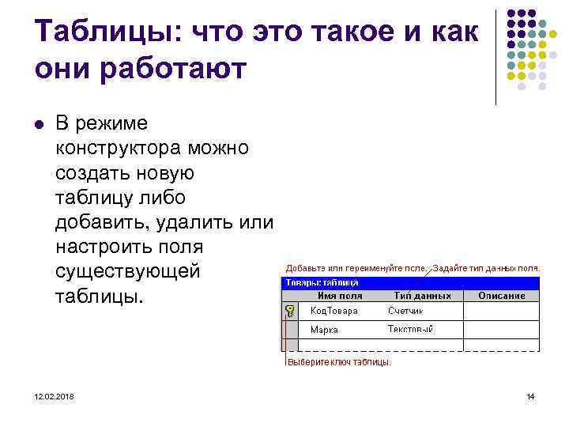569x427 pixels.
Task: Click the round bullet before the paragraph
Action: coord(38,124)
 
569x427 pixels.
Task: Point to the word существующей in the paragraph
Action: coord(129,271)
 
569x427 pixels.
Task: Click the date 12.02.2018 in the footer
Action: coord(55,396)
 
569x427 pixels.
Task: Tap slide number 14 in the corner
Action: coord(530,396)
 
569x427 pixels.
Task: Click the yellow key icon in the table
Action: coord(291,311)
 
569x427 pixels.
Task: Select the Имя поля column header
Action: coord(339,296)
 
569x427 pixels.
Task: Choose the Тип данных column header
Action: coord(422,296)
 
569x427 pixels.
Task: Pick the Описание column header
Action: coord(501,296)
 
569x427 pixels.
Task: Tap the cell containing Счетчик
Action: coord(405,311)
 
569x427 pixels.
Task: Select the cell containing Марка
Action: coord(324,330)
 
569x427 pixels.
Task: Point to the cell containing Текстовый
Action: coord(410,330)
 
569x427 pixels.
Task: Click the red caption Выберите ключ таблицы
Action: coord(338,362)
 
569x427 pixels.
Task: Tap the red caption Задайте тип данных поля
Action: coord(487,268)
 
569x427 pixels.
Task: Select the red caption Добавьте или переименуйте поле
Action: coord(356,268)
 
